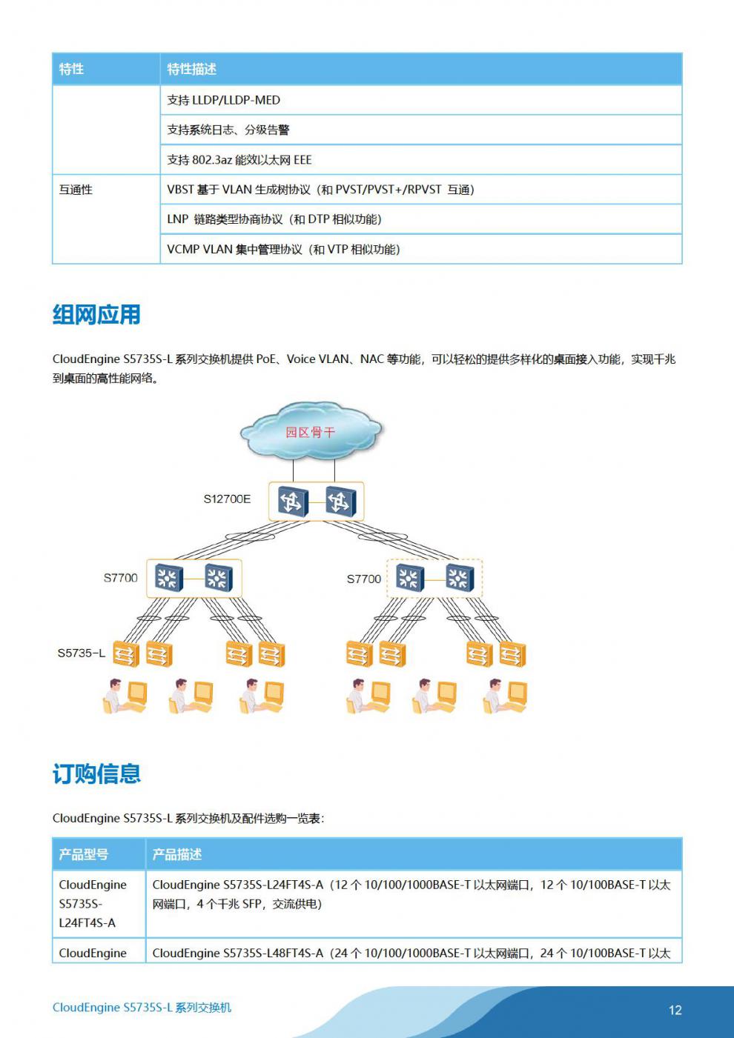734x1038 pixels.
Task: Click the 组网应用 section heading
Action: click(96, 315)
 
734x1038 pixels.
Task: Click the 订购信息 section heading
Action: click(96, 773)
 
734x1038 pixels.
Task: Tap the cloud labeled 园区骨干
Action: click(311, 431)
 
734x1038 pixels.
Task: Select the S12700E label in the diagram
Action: click(227, 499)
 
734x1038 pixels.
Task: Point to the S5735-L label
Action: click(81, 653)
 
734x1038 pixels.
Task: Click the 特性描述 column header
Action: click(191, 69)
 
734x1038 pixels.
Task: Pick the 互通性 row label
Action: click(76, 190)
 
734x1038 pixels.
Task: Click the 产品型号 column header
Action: click(84, 854)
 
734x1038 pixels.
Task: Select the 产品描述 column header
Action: click(177, 854)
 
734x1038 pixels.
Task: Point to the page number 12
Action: click(675, 1010)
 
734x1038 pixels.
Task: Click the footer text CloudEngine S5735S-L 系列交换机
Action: click(142, 1008)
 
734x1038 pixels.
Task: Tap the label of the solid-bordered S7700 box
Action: click(121, 578)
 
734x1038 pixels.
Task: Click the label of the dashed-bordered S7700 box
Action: click(364, 579)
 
